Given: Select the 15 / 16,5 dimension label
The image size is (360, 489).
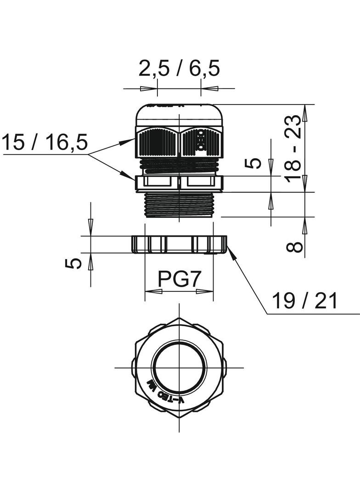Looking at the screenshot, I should tap(45, 143).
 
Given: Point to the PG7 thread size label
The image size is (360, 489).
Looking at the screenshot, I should tap(180, 279).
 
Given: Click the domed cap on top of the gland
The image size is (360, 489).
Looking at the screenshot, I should tap(179, 113).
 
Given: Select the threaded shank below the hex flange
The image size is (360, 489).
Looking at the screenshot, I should tap(179, 205).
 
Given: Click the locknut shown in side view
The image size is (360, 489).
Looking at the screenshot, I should tap(179, 244).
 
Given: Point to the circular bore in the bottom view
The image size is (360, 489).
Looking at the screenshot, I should tap(179, 367).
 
